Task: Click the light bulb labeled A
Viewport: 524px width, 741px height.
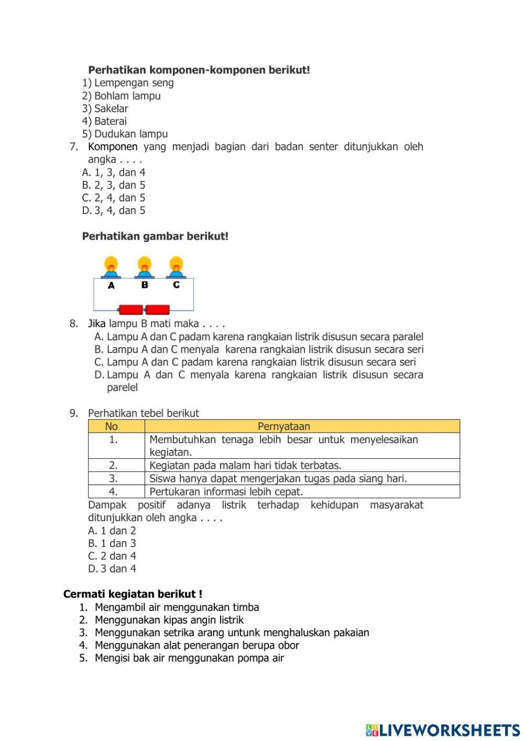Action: (111, 266)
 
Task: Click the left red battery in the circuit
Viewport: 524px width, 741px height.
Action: (131, 310)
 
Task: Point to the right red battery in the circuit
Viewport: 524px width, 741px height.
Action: (157, 310)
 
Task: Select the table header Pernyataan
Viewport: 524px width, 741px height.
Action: (283, 426)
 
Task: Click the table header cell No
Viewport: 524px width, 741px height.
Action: (111, 426)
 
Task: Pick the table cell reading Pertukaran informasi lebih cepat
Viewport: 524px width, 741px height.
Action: (226, 492)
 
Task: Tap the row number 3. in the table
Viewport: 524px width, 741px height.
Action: (113, 478)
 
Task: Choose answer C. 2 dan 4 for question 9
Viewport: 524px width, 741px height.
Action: (112, 556)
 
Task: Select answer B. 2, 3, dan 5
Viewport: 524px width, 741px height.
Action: (114, 185)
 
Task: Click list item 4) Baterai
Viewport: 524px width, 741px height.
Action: (104, 121)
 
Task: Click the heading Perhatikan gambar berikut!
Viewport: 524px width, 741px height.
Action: (155, 237)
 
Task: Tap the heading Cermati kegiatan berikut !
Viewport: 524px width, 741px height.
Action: (133, 594)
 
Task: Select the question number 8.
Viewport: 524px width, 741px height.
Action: (74, 324)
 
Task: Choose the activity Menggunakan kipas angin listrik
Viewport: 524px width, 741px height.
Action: (169, 620)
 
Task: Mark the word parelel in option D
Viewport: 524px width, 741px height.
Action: (122, 388)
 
